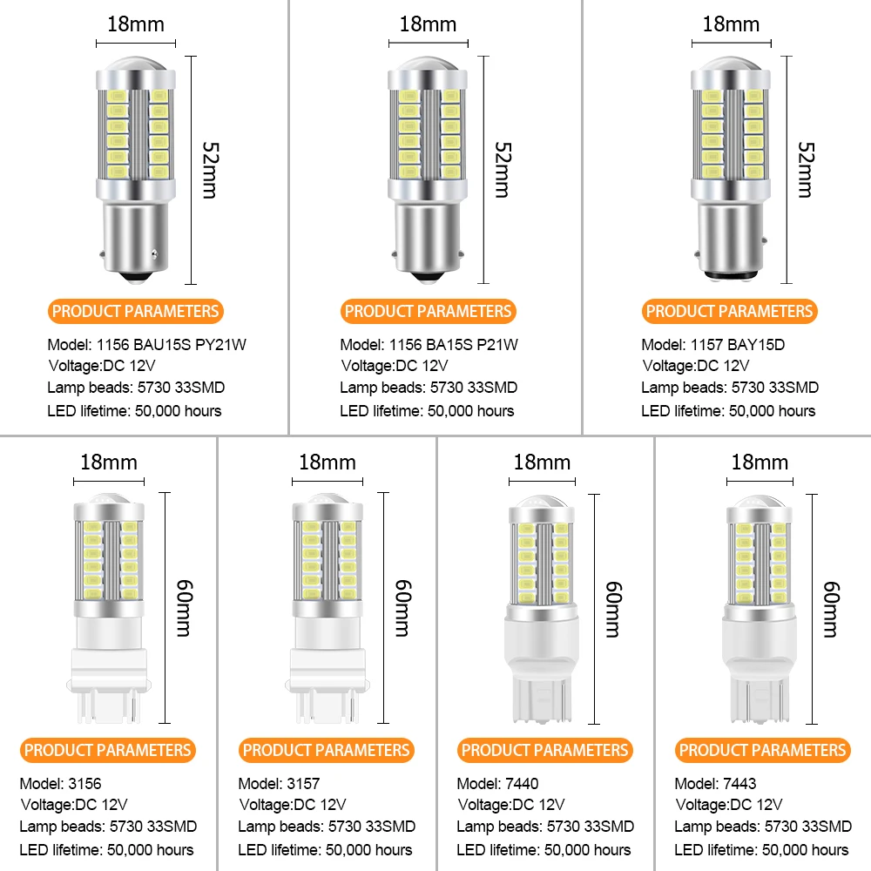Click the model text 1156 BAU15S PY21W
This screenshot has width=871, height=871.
[x=147, y=344]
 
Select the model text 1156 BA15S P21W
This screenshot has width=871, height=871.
[x=429, y=344]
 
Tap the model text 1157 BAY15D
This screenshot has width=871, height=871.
[x=713, y=344]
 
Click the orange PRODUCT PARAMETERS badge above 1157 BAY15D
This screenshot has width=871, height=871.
[x=730, y=311]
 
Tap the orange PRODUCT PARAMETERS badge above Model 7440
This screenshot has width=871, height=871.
[x=544, y=750]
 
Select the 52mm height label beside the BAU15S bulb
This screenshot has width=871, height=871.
[x=209, y=170]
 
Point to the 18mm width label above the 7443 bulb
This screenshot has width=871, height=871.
[x=760, y=462]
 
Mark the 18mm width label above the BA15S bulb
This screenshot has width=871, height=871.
[x=428, y=24]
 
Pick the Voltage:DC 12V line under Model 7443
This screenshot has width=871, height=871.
[x=729, y=804]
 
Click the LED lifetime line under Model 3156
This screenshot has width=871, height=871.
[x=107, y=849]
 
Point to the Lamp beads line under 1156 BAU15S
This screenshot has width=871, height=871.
[x=136, y=388]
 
